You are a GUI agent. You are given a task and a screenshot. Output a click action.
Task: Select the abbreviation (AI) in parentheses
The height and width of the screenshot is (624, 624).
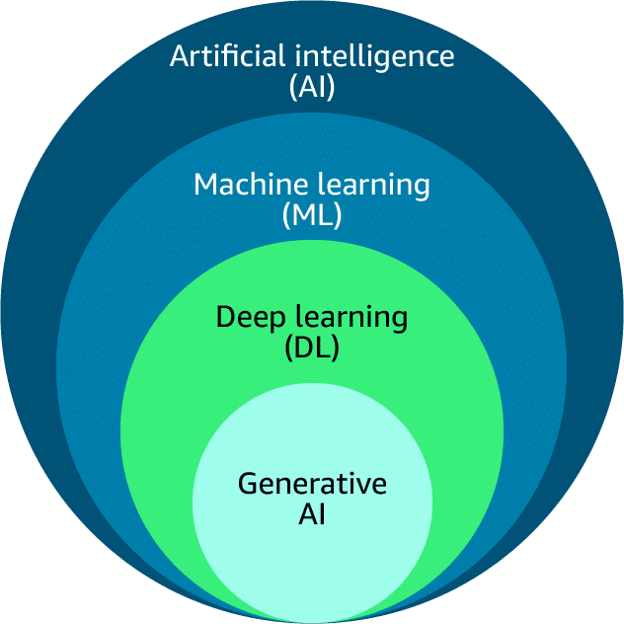click(x=312, y=87)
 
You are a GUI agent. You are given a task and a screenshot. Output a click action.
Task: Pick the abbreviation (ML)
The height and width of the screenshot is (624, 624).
click(x=312, y=215)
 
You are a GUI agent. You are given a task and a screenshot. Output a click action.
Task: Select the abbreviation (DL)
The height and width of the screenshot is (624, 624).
click(x=312, y=349)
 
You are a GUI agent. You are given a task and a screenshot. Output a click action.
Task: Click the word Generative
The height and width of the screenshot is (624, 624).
click(x=312, y=484)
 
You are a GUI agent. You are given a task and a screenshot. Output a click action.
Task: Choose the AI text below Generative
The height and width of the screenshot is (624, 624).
click(x=312, y=514)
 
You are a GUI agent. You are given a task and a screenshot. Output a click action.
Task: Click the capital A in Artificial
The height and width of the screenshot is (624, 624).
click(x=179, y=55)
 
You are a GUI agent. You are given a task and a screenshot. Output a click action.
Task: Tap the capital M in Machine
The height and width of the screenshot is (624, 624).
click(x=205, y=184)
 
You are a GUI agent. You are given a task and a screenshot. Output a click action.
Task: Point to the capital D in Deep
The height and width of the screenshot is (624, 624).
click(x=224, y=318)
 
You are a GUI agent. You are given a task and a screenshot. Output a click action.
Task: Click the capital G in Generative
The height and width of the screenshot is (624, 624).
click(x=249, y=484)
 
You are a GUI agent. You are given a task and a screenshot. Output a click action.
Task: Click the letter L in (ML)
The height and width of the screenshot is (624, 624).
click(x=324, y=215)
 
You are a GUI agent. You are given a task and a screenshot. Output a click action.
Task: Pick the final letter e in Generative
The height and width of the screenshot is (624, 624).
click(x=379, y=486)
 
